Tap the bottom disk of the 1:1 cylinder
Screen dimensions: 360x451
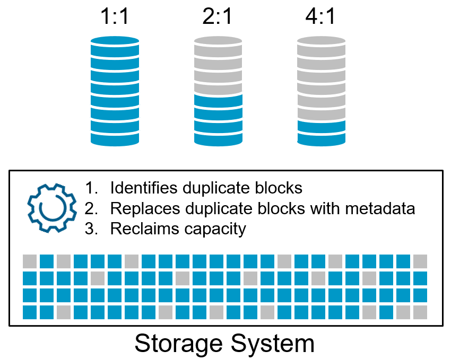pyautogui.click(x=115, y=138)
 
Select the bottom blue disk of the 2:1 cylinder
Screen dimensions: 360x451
pyautogui.click(x=218, y=138)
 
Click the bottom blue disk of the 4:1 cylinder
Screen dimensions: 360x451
pyautogui.click(x=321, y=138)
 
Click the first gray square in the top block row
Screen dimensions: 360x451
pyautogui.click(x=30, y=261)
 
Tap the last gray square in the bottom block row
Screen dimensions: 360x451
pyautogui.click(x=420, y=312)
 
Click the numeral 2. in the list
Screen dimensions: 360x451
pyautogui.click(x=92, y=208)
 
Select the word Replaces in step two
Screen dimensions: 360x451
pyautogui.click(x=140, y=208)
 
